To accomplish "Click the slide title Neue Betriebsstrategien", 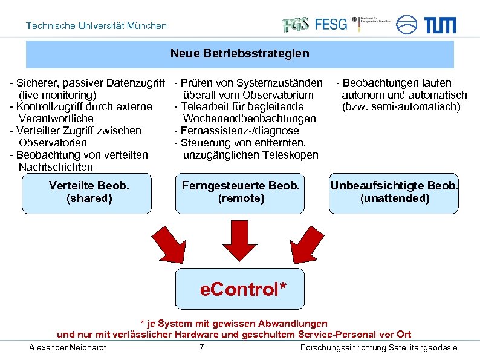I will (x=239, y=54).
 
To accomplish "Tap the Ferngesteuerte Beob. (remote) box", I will (x=241, y=192).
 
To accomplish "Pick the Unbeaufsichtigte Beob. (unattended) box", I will (x=394, y=192).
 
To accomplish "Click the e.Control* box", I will (x=241, y=289).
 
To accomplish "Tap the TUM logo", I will (x=439, y=25).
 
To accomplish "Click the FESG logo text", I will (x=331, y=24).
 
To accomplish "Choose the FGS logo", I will (x=296, y=24).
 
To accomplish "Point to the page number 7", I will (x=202, y=347).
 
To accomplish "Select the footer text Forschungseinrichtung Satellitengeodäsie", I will (x=378, y=347).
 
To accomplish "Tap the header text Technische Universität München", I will (x=97, y=26).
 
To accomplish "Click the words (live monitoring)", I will (x=57, y=95).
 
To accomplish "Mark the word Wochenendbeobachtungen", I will (x=249, y=119).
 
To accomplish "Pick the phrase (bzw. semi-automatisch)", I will (x=401, y=107).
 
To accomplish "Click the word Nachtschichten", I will (x=56, y=166).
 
